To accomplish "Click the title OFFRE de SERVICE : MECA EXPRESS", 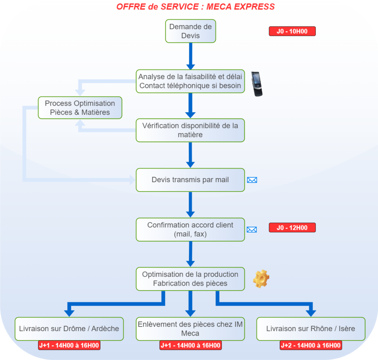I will tap(195, 7).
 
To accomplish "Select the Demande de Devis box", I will tap(190, 31).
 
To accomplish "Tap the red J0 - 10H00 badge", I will tap(292, 31).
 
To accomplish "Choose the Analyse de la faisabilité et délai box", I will tap(190, 81).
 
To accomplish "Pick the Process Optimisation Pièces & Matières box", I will tap(80, 108).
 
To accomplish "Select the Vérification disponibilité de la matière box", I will tap(190, 130).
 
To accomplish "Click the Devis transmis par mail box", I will tap(190, 180).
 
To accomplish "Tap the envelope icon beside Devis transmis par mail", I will tap(252, 180).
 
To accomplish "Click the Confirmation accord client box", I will tap(190, 230).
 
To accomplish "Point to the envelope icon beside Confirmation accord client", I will tap(252, 230).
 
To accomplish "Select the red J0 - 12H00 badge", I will tap(292, 228).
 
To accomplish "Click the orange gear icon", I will tap(261, 279).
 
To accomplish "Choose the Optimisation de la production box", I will tap(190, 279).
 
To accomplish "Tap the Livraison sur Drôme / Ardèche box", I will tap(69, 329).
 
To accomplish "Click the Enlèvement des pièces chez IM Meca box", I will tap(190, 329).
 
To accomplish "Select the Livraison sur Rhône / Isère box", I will tap(310, 329).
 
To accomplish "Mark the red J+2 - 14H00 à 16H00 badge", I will tap(310, 345).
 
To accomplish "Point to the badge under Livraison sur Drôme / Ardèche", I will tap(69, 345).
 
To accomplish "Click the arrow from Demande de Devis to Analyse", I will tap(190, 55).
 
